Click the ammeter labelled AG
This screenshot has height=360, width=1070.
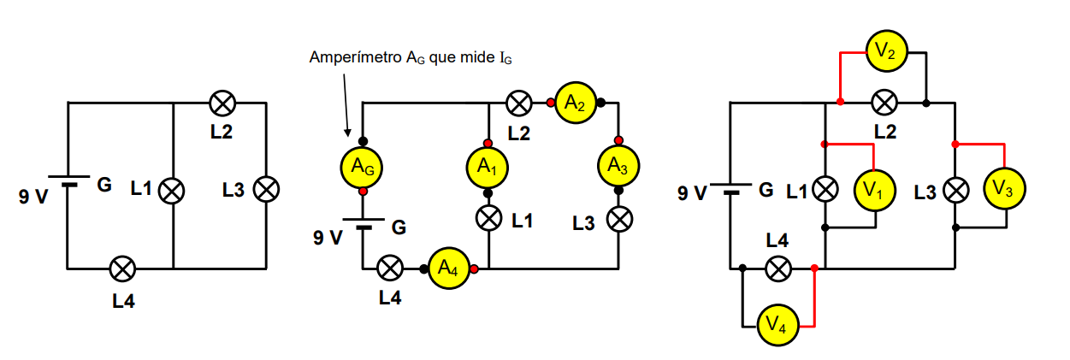point(363,168)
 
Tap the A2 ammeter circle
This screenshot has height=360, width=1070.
point(576,103)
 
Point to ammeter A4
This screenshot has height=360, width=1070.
point(448,269)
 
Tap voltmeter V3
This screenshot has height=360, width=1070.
point(1005,190)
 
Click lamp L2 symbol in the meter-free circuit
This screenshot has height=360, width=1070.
point(222,103)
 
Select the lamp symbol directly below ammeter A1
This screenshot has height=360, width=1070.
point(488,219)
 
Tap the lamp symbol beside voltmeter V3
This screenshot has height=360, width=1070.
point(955,190)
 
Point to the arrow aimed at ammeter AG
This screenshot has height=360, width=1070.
point(346,103)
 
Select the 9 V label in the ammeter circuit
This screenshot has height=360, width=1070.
point(328,236)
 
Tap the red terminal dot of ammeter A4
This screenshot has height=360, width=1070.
point(474,269)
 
